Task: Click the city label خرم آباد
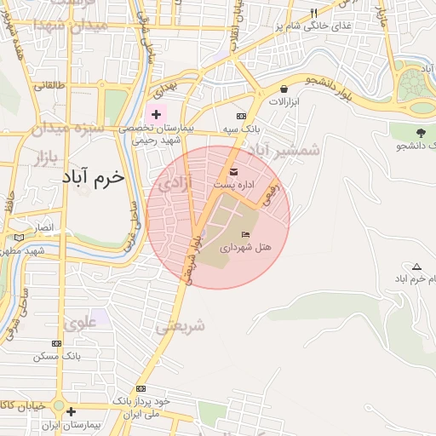coord(93,179)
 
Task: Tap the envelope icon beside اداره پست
coord(234,173)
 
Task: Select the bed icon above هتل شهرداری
coord(246,234)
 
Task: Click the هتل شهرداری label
coord(246,247)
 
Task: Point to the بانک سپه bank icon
coord(241,116)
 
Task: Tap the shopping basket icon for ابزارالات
coord(284,89)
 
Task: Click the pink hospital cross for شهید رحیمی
coord(156,113)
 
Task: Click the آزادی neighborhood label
coord(175,182)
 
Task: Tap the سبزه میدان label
coord(65,131)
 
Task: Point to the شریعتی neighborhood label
coord(181,325)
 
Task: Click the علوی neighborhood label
coord(80,323)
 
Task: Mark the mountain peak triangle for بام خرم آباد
coord(416,267)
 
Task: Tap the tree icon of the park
coord(421,132)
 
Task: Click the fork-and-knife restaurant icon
coord(313,13)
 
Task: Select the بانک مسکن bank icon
coord(56,343)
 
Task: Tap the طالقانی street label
coord(50,86)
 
